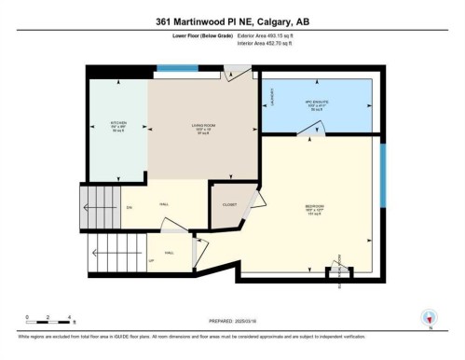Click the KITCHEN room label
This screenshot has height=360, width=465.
pos(118,124)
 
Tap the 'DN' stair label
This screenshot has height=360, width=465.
pos(130,206)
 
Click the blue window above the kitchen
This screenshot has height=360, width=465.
pos(176,68)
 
